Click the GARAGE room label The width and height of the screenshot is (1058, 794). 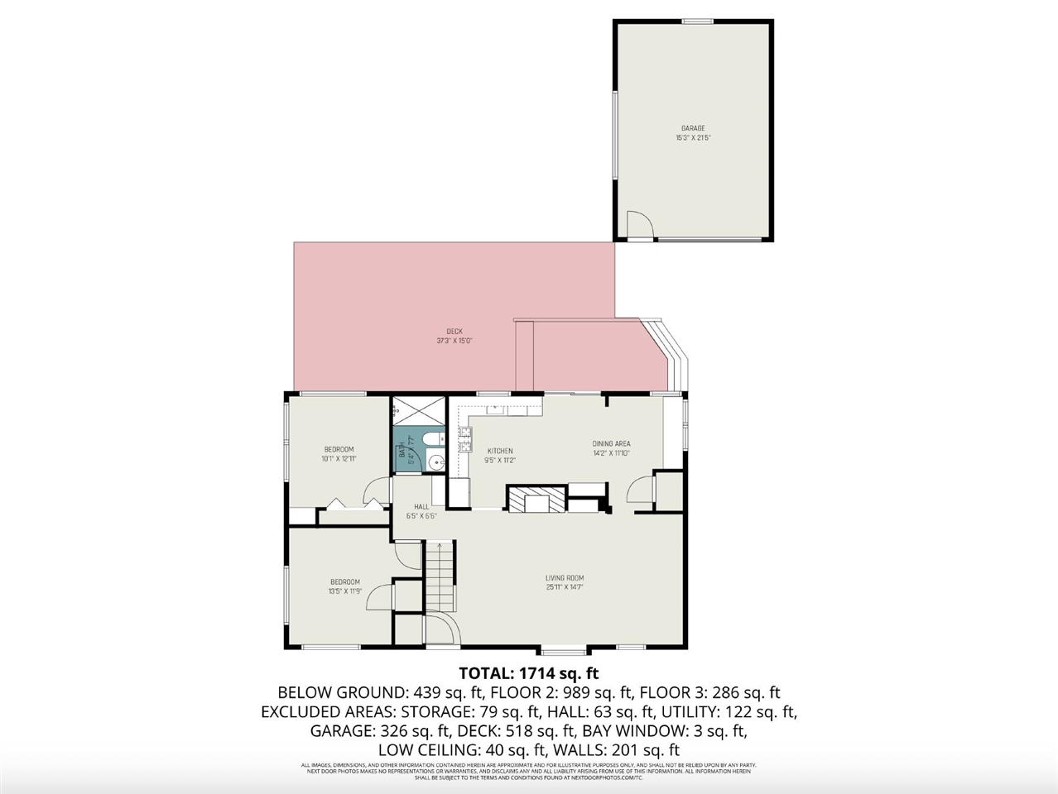click(693, 128)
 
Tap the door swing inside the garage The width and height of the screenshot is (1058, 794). click(638, 224)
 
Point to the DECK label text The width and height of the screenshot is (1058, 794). click(454, 332)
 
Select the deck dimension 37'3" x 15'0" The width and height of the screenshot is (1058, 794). click(454, 341)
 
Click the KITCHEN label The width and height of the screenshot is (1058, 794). click(499, 451)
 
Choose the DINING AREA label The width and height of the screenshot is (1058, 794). click(611, 444)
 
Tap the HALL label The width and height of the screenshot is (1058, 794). click(421, 506)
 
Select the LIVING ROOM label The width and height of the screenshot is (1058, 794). click(565, 578)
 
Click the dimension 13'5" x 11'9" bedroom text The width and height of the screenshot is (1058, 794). click(345, 591)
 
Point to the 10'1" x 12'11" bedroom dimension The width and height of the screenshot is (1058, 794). click(338, 459)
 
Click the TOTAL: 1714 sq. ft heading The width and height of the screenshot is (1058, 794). click(528, 672)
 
